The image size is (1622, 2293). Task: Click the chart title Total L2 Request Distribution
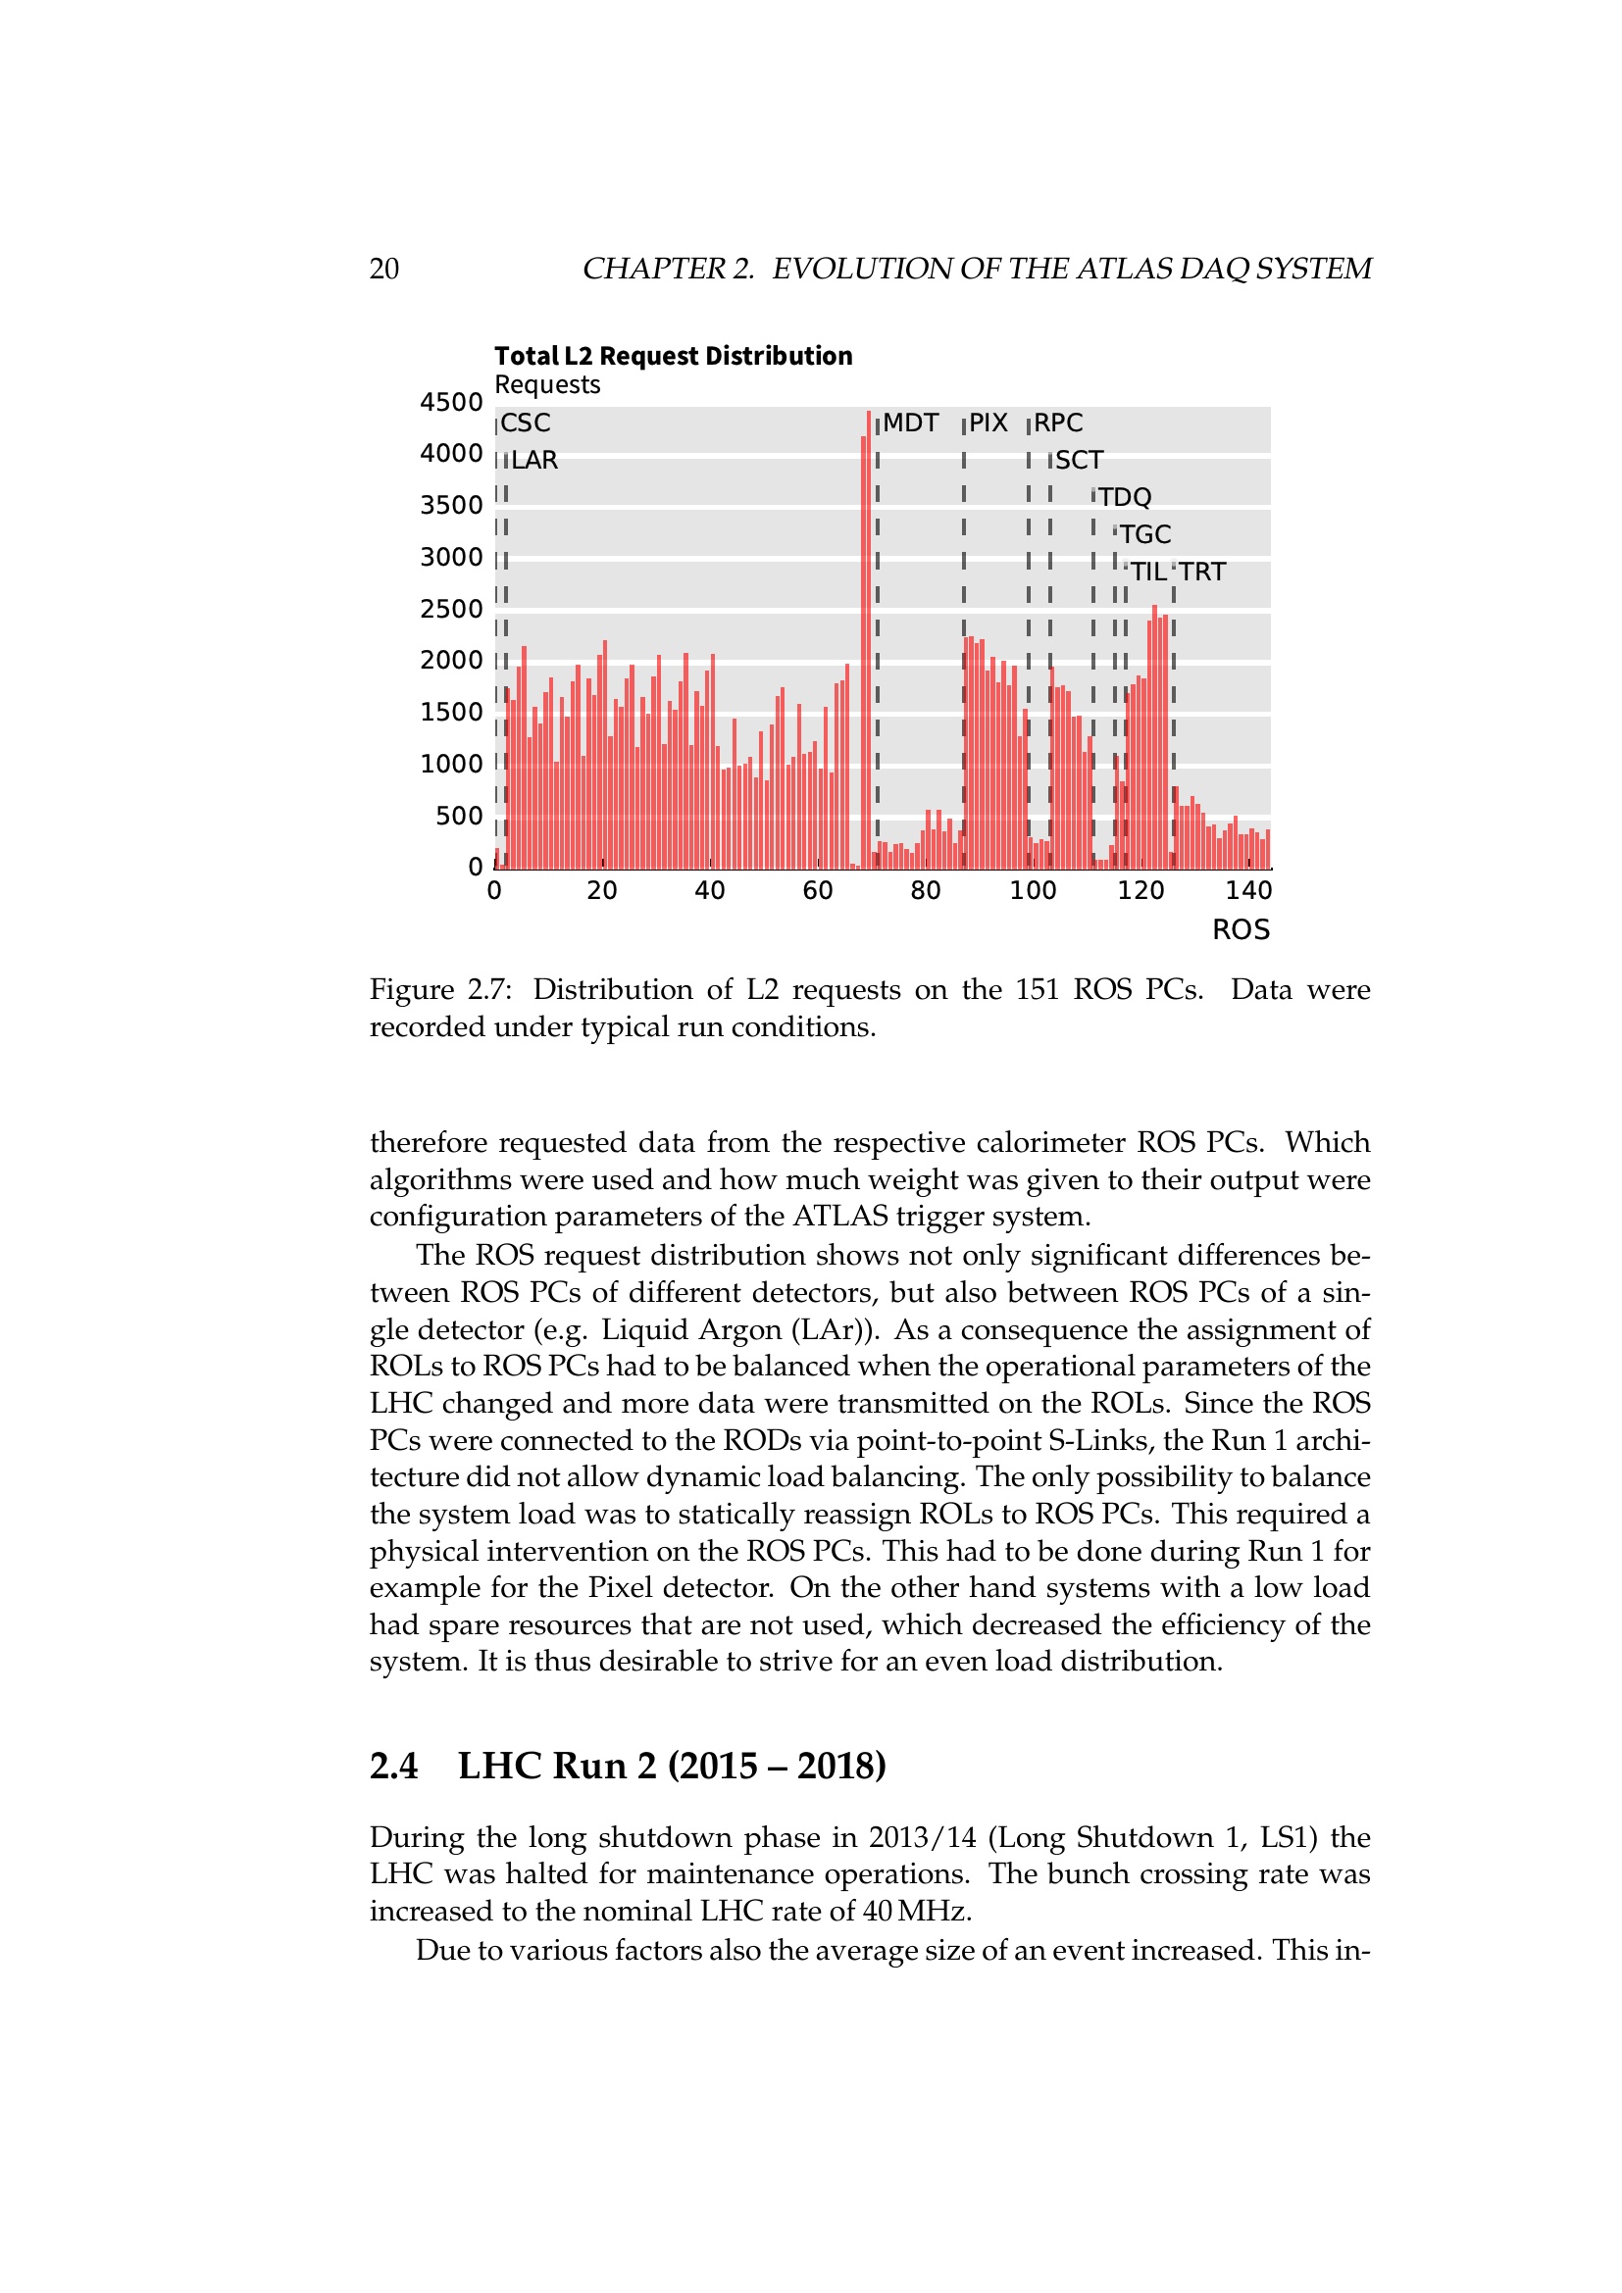click(673, 357)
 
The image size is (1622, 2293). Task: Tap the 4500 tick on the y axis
click(450, 403)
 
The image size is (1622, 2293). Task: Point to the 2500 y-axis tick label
click(450, 609)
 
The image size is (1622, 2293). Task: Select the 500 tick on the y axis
click(458, 816)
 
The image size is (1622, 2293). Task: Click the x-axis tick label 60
click(817, 891)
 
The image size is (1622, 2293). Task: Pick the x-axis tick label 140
click(1247, 891)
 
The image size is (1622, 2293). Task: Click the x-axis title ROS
click(1241, 929)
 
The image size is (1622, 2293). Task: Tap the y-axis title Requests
click(547, 385)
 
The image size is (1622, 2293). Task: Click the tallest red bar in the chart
click(869, 639)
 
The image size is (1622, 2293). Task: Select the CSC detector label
click(526, 424)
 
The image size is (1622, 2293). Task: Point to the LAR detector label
click(534, 461)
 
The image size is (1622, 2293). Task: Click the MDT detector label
click(910, 424)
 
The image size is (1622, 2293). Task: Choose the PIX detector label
click(988, 424)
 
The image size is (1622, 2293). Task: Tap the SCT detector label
click(1079, 461)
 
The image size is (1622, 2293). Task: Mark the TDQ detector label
click(1125, 497)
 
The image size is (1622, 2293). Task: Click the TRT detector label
click(1201, 573)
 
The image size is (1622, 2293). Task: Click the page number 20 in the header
click(384, 269)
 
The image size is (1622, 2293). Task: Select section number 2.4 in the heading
click(393, 1767)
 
